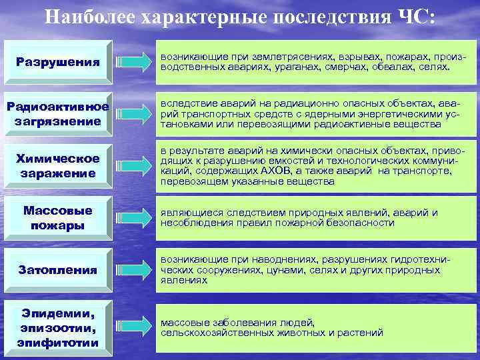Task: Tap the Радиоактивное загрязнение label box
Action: click(57, 115)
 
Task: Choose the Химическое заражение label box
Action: click(57, 165)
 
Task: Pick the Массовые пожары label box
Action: click(57, 217)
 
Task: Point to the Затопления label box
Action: click(57, 271)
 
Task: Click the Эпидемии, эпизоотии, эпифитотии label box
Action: click(57, 327)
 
